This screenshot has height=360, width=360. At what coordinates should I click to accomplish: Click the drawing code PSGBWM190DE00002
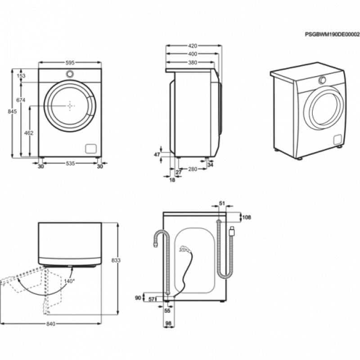pos(332,35)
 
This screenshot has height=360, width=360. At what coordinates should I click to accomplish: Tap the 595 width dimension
pos(70,63)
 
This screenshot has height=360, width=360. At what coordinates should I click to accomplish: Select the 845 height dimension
pos(12,111)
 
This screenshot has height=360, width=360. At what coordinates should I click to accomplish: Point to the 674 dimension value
pos(21,100)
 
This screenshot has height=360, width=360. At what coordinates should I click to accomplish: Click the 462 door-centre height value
pos(29,133)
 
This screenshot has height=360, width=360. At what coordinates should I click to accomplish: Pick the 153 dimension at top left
pos(21,76)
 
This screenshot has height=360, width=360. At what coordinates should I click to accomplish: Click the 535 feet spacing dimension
pos(70,163)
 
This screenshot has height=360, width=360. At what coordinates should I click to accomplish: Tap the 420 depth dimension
pos(193,46)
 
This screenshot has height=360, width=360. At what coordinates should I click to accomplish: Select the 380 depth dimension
pos(193,63)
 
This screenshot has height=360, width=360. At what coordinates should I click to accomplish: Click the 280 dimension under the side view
pos(193,169)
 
